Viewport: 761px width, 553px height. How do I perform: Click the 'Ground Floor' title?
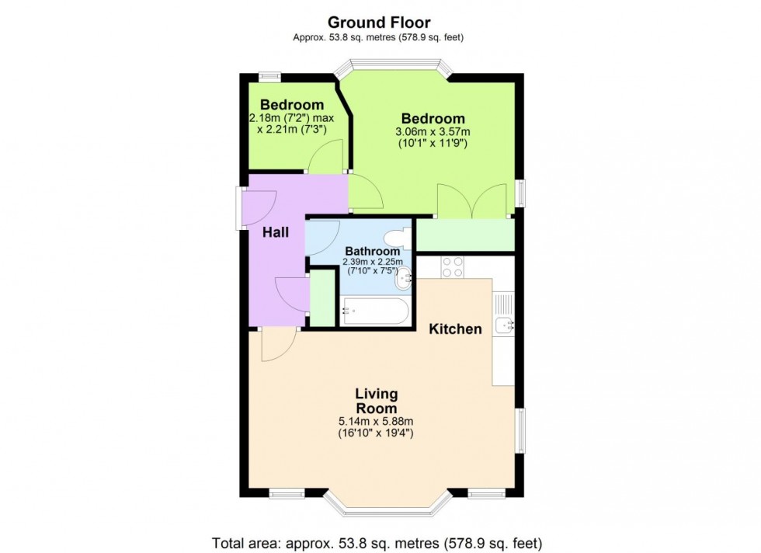379,23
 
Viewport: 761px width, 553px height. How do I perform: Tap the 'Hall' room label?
276,232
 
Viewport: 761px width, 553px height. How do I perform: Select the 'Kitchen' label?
456,329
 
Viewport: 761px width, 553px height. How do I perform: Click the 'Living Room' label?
376,402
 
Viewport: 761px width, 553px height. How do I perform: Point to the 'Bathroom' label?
373,252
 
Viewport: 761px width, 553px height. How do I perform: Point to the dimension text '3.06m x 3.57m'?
433,132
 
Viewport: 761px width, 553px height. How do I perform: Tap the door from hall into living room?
279,343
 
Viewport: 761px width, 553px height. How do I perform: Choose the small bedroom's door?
325,158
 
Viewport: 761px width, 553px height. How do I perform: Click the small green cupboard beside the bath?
321,300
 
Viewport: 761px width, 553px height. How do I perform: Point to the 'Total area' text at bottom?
377,542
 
